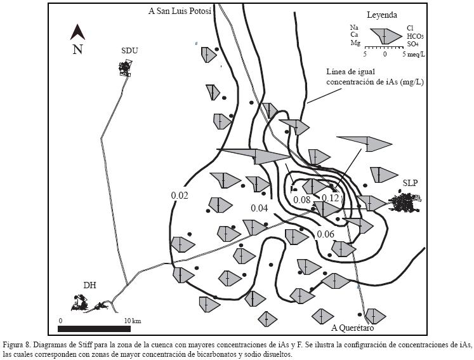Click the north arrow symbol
point(77,32)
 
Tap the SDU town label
point(129,51)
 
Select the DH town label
point(89,285)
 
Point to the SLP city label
point(410,183)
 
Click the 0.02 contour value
point(180,196)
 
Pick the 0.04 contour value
point(260,208)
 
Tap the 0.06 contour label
point(326,234)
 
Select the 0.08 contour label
point(302,199)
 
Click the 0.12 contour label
point(330,198)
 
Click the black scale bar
point(94,329)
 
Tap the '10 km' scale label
point(133,321)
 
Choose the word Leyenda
point(382,15)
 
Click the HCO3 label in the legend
point(416,36)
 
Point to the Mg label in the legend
point(355,43)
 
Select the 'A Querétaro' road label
point(352,328)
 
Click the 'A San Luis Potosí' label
point(180,11)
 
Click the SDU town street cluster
point(126,68)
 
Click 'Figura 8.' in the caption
point(16,345)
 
